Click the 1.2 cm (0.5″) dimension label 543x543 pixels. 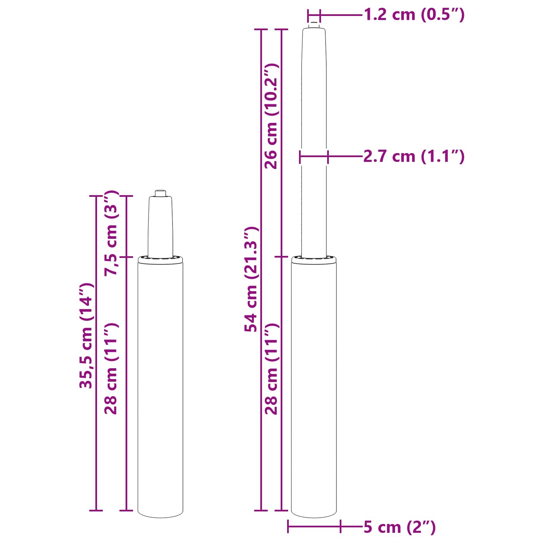(x=414, y=15)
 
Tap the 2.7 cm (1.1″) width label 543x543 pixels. (x=413, y=156)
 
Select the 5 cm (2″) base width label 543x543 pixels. (x=399, y=527)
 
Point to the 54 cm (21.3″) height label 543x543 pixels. (x=251, y=279)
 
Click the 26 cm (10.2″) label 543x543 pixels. (x=271, y=116)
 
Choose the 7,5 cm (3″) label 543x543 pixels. (x=111, y=233)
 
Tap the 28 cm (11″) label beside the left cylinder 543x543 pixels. (x=111, y=369)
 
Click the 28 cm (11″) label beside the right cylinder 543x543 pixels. (x=271, y=369)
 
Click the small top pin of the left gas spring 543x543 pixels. (x=161, y=193)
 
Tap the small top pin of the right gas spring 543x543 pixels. (x=314, y=25)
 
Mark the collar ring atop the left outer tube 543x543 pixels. (x=161, y=260)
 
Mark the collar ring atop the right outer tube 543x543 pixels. (x=314, y=260)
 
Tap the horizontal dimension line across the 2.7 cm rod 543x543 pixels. (x=314, y=156)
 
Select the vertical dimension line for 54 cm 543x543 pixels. (x=261, y=170)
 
